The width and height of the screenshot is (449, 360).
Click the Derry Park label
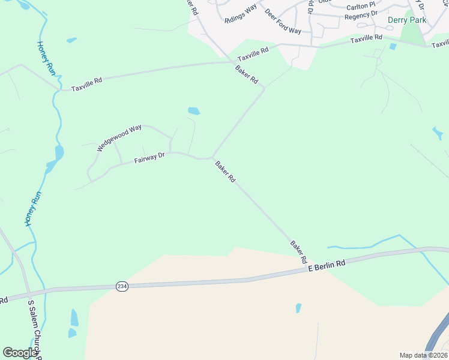point(407,20)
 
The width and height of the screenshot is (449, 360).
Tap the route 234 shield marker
point(122,287)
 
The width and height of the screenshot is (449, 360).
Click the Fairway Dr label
point(149,158)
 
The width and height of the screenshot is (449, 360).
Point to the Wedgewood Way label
point(119,137)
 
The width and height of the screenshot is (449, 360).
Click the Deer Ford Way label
point(283,22)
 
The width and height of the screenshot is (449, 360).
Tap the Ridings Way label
point(240,13)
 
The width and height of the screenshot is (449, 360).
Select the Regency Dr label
point(361,13)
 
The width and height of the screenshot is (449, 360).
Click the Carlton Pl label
point(361,5)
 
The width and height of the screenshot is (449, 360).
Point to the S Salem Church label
point(34,327)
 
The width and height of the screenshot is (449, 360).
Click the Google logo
point(20,353)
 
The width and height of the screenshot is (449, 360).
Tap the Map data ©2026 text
point(423,355)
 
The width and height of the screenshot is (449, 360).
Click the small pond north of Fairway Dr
point(194,111)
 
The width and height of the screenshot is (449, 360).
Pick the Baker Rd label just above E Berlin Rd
point(298,253)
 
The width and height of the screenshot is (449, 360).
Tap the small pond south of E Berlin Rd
point(298,308)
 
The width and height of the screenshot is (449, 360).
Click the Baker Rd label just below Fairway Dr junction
point(225,171)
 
